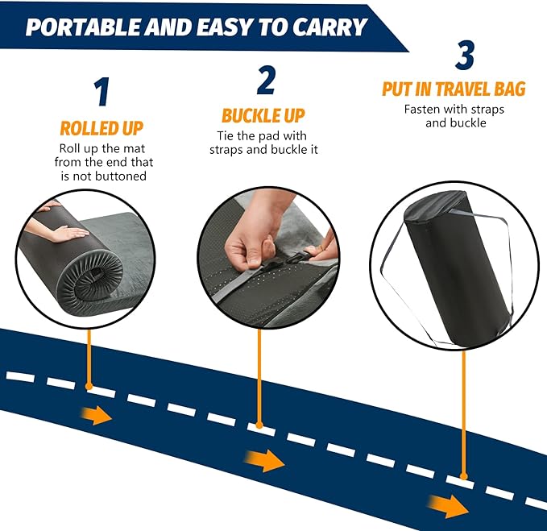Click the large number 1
pos(101,92)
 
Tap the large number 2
pos(266,80)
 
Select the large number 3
pos(465,56)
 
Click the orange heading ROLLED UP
pos(102,128)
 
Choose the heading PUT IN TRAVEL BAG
pos(454,89)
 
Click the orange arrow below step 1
pos(97,416)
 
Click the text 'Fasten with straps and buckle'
pos(455,117)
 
